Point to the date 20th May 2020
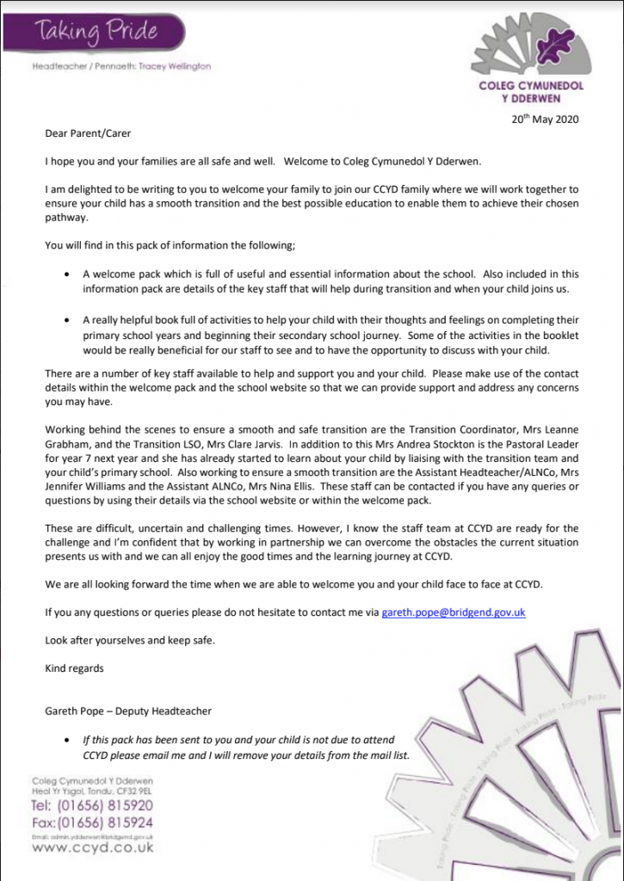tap(546, 120)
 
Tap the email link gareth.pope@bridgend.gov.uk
tap(453, 612)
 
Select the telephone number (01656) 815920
tap(92, 805)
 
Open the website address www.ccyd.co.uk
tap(92, 847)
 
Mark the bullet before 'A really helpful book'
tap(68, 318)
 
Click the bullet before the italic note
tap(68, 740)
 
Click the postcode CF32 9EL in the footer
tap(133, 790)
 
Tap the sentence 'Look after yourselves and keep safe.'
tap(128, 639)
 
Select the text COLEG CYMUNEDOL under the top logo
tap(543, 87)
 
